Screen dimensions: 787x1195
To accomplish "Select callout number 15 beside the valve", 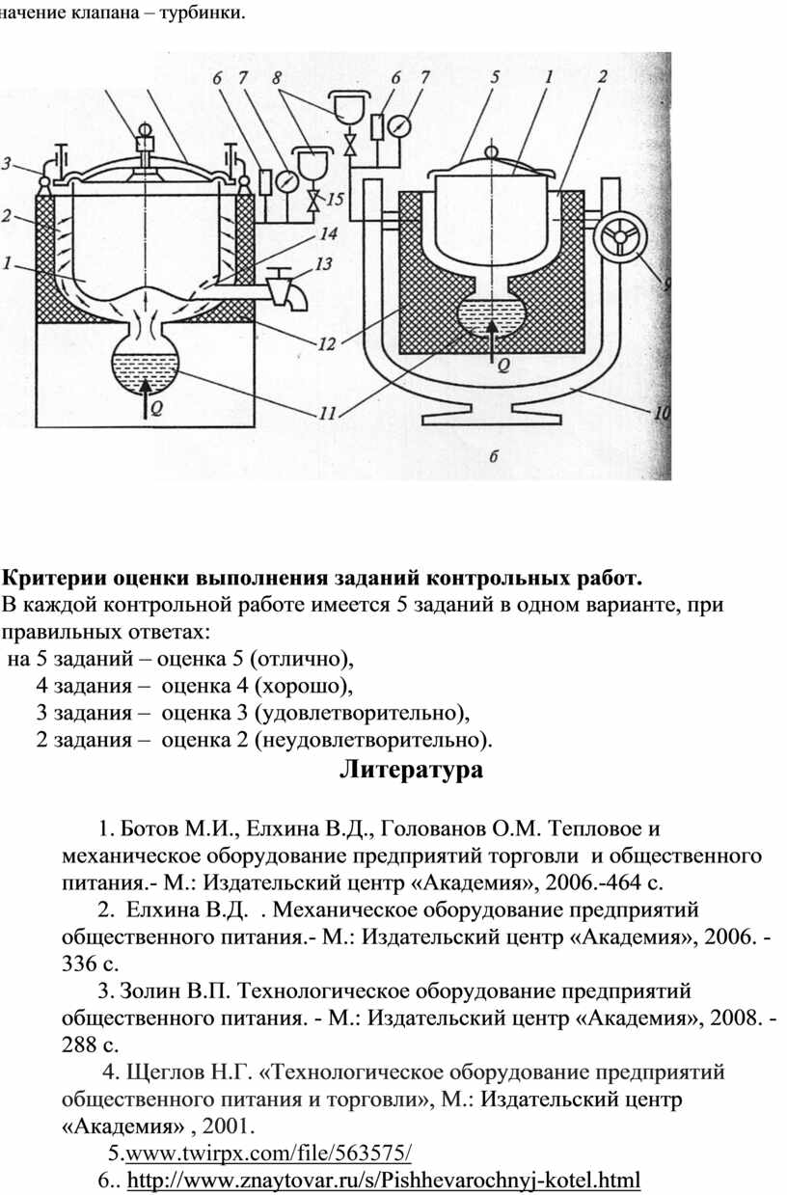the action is (334, 200).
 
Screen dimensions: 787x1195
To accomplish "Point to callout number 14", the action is (329, 233).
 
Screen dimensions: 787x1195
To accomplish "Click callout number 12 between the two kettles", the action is (327, 343).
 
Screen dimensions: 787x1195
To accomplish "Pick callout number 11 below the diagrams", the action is (326, 414).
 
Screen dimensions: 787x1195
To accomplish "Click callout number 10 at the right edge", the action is (661, 413).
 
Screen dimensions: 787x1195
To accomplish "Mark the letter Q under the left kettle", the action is (157, 408).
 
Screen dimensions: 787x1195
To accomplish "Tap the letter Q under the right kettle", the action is (502, 365).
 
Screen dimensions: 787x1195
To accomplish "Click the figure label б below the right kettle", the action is (494, 457).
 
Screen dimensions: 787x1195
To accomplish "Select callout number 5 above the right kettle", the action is (495, 77).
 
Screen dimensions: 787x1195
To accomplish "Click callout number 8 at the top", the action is (277, 78).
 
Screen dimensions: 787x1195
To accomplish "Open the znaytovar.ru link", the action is (384, 1178).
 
